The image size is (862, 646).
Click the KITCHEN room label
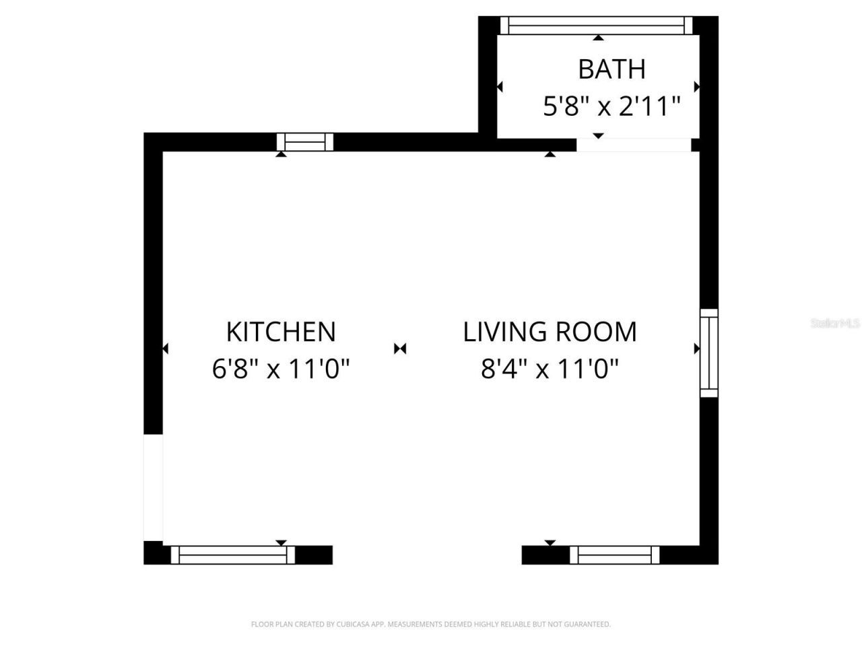(x=281, y=332)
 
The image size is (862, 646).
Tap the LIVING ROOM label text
(x=550, y=332)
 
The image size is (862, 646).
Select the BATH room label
(x=611, y=69)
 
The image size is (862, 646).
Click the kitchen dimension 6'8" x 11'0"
(x=281, y=369)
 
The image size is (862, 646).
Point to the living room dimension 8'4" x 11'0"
(x=550, y=369)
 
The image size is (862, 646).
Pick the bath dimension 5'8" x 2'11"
(x=611, y=106)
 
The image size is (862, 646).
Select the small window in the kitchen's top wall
(x=305, y=142)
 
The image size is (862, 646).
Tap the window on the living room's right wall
(x=709, y=353)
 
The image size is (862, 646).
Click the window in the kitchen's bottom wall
(x=233, y=555)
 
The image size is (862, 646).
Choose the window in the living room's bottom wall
(x=615, y=555)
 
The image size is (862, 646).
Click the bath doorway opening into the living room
(x=634, y=145)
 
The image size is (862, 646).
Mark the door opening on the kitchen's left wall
(x=154, y=487)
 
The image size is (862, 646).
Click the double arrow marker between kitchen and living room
(x=401, y=349)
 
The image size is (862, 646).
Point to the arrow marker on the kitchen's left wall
(x=165, y=349)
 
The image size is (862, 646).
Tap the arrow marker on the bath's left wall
(x=500, y=87)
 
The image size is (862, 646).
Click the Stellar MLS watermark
(x=835, y=324)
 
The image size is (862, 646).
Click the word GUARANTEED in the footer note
(x=583, y=624)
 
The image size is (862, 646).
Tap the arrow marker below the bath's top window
(x=598, y=38)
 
